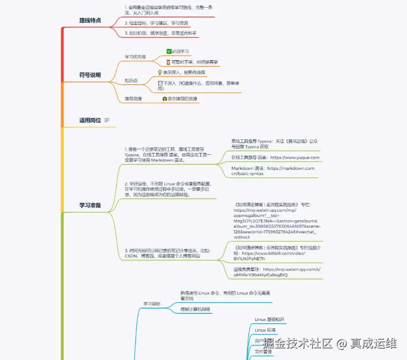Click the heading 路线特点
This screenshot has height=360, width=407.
pyautogui.click(x=90, y=21)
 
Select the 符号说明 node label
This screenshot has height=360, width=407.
pyautogui.click(x=90, y=75)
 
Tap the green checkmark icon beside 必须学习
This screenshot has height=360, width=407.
pyautogui.click(x=169, y=51)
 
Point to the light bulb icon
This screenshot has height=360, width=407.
pyautogui.click(x=160, y=72)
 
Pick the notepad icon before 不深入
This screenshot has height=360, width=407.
pyautogui.click(x=160, y=83)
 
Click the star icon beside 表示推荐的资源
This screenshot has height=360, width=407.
pyautogui.click(x=165, y=99)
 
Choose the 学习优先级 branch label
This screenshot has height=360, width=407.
pyautogui.click(x=135, y=57)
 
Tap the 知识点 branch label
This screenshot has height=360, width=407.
pyautogui.click(x=131, y=80)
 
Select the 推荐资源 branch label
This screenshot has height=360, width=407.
pyautogui.click(x=133, y=99)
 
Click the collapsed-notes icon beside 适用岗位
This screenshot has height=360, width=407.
pyautogui.click(x=107, y=120)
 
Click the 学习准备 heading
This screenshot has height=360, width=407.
pyautogui.click(x=90, y=205)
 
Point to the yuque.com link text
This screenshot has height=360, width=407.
pyautogui.click(x=295, y=158)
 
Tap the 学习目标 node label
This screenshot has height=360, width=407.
pyautogui.click(x=152, y=304)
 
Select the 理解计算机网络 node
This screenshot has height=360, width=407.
pyautogui.click(x=196, y=309)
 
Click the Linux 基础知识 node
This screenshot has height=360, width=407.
pyautogui.click(x=269, y=320)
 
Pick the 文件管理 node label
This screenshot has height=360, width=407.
pyautogui.click(x=263, y=351)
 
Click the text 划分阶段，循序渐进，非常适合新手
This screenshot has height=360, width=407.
pyautogui.click(x=160, y=33)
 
